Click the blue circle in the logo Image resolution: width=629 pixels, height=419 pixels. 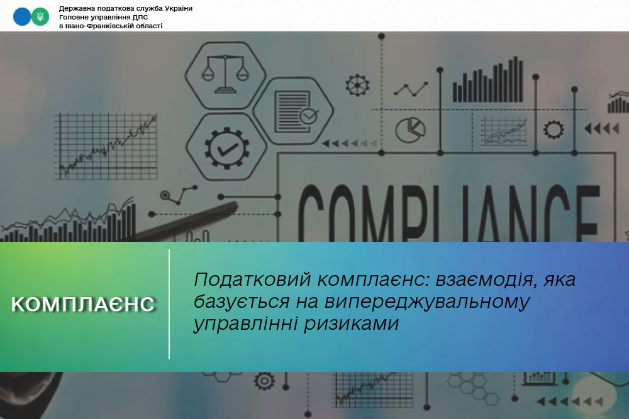pyautogui.click(x=21, y=17)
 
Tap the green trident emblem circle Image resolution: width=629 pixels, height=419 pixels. pyautogui.click(x=40, y=17)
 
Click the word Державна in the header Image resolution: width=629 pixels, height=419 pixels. pyautogui.click(x=75, y=8)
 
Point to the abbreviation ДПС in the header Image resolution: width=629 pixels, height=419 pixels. pyautogui.click(x=140, y=17)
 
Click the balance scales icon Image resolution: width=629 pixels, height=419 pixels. pyautogui.click(x=225, y=75)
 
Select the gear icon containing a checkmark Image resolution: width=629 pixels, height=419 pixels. pyautogui.click(x=226, y=148)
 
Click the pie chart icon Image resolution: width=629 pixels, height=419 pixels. pyautogui.click(x=410, y=130)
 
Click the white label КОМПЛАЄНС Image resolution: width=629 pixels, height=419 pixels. pyautogui.click(x=83, y=305)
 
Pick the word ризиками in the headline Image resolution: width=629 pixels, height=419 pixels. pyautogui.click(x=352, y=324)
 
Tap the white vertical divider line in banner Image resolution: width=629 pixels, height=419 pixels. pyautogui.click(x=169, y=304)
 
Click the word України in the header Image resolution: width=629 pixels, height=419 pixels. pyautogui.click(x=179, y=8)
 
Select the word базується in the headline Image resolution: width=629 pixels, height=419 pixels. pyautogui.click(x=242, y=302)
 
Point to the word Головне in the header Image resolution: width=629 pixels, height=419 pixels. pyautogui.click(x=72, y=17)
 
